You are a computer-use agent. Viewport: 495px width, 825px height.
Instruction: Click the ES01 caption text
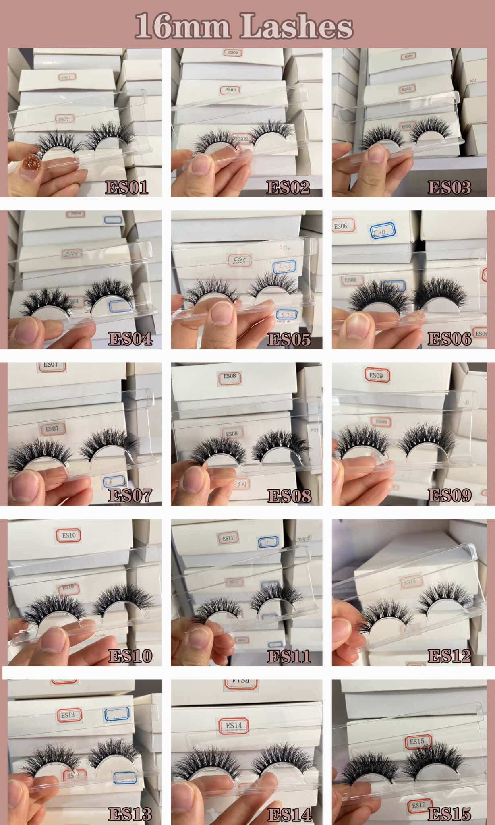pyautogui.click(x=126, y=187)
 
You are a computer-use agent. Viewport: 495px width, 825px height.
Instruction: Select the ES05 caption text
pyautogui.click(x=289, y=339)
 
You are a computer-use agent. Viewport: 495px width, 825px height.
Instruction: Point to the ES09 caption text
pyautogui.click(x=449, y=495)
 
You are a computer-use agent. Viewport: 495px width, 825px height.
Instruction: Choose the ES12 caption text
pyautogui.click(x=449, y=656)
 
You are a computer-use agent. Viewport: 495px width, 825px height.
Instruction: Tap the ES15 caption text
pyautogui.click(x=449, y=814)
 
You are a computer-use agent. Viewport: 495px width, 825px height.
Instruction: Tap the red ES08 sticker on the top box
pyautogui.click(x=230, y=377)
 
